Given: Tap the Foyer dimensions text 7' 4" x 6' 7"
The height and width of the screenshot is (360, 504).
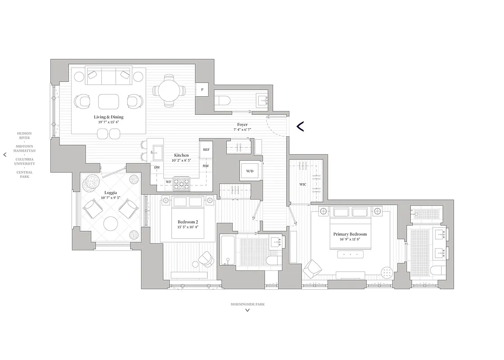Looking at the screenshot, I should coord(242,130).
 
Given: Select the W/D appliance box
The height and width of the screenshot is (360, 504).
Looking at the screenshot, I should coord(250,171).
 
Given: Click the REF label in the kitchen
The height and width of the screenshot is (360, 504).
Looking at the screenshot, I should coord(206,149).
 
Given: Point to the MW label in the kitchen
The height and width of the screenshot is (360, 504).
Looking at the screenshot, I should coord(206,166).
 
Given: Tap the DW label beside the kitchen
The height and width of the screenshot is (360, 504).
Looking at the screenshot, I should coord(157,167).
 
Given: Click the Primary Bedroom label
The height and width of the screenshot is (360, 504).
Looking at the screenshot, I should coord(350,234).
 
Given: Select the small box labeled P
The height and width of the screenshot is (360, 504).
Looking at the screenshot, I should coord(202,90).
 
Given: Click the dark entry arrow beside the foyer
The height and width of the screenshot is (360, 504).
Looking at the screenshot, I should coord(300,126).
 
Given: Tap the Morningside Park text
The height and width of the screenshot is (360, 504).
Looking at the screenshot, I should coord(247,304).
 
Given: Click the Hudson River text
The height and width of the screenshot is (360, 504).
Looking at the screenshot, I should coord(24,135).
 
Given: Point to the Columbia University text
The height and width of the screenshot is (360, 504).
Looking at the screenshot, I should coord(25,162).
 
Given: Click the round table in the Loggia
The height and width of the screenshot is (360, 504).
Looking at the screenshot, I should coord(111,224).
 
